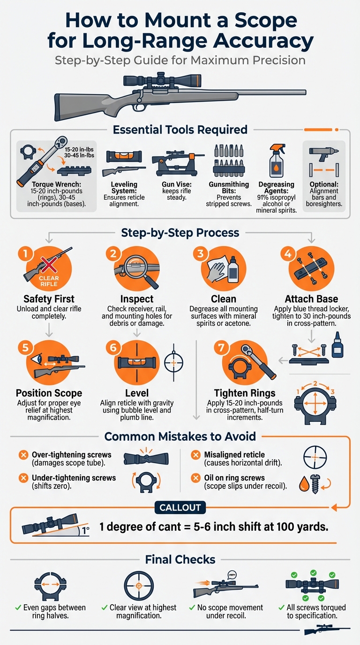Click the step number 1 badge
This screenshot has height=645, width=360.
pyautogui.click(x=26, y=254)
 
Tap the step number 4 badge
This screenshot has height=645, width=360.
pyautogui.click(x=288, y=254)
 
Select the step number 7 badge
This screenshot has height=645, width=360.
pyautogui.click(x=221, y=347)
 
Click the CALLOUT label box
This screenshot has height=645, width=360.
pyautogui.click(x=180, y=507)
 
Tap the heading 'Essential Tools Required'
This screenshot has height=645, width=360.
pyautogui.click(x=180, y=129)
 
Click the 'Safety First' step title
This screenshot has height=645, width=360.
pyautogui.click(x=49, y=299)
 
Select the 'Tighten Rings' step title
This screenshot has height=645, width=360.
pyautogui.click(x=245, y=393)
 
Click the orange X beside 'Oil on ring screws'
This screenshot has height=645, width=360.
pyautogui.click(x=196, y=478)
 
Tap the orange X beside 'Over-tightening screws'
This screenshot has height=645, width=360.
pyautogui.click(x=23, y=455)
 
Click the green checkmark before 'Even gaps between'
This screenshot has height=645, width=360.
pyautogui.click(x=18, y=607)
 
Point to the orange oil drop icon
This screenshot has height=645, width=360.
pyautogui.click(x=304, y=483)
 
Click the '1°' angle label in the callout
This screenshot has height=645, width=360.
pyautogui.click(x=85, y=530)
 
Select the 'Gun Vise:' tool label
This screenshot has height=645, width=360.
pyautogui.click(x=177, y=184)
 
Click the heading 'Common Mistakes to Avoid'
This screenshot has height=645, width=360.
pyautogui.click(x=180, y=436)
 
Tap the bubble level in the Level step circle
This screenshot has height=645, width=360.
pyautogui.click(x=137, y=362)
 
